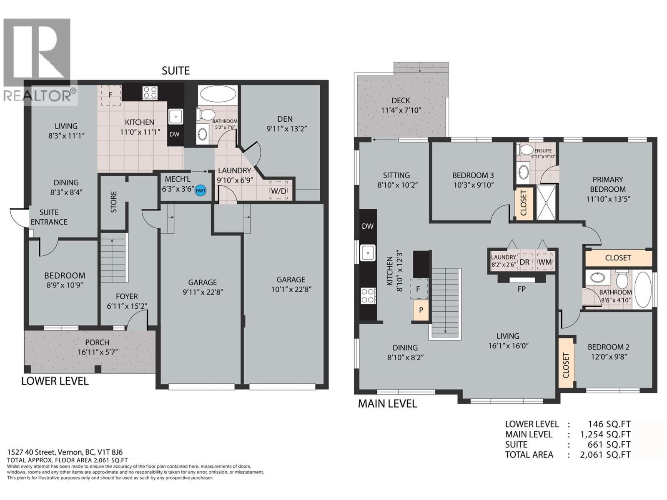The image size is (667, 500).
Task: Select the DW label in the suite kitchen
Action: click(x=175, y=134)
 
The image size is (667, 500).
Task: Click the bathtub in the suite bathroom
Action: click(x=217, y=94)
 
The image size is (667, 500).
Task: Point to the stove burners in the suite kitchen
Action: click(x=150, y=92)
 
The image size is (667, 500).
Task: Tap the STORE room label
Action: click(x=114, y=202)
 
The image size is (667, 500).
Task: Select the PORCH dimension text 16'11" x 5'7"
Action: click(x=98, y=352)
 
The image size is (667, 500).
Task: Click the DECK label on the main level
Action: click(x=401, y=100)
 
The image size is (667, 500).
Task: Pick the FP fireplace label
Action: click(x=521, y=289)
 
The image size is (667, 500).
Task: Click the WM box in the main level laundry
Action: click(x=545, y=262)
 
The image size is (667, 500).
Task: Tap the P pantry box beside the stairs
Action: click(x=421, y=310)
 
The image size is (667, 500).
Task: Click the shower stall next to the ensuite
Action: click(x=546, y=202)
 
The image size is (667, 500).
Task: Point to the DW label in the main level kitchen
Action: click(x=367, y=226)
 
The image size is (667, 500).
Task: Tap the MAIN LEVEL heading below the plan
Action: click(x=387, y=403)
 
